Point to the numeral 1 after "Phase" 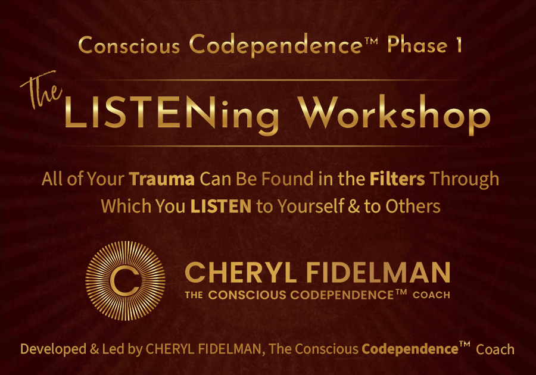click(459, 45)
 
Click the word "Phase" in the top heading click(417, 45)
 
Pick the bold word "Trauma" click(161, 179)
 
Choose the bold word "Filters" click(397, 179)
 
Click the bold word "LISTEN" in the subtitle click(221, 207)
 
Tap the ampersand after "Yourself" click(354, 207)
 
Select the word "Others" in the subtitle click(413, 207)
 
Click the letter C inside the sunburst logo click(125, 281)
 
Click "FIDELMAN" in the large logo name click(378, 273)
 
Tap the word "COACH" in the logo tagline click(431, 295)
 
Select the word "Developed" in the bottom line click(54, 349)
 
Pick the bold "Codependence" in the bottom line click(410, 349)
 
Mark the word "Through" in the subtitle click(465, 179)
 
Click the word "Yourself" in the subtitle click(310, 207)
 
